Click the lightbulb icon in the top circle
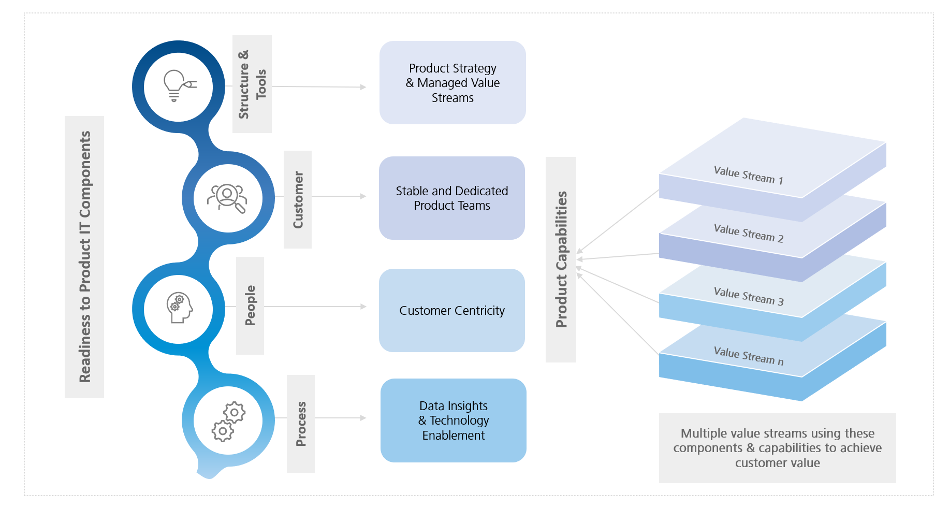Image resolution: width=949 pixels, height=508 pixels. (179, 86)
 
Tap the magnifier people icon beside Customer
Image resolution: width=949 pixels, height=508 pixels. (227, 198)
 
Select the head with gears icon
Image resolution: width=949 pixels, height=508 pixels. (179, 308)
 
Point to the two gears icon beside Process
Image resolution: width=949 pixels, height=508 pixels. (228, 421)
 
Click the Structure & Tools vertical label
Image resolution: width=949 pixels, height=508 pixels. (252, 84)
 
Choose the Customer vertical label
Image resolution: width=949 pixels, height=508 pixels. (298, 199)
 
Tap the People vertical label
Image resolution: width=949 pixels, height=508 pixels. (250, 306)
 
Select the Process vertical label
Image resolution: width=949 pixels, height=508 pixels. (301, 424)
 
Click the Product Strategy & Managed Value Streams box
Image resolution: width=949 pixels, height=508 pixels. (452, 83)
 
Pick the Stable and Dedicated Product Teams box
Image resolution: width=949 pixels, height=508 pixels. (452, 198)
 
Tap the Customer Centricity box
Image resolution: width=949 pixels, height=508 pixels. (452, 311)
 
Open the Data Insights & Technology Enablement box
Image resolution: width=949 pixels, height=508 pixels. (454, 420)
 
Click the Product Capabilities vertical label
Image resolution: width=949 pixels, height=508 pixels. (561, 259)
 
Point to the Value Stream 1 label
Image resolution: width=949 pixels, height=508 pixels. (748, 175)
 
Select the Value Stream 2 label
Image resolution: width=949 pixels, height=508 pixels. (748, 233)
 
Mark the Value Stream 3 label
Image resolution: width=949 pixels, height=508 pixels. (748, 296)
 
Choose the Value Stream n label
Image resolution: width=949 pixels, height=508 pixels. (748, 356)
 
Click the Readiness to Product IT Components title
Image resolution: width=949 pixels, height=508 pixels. (85, 257)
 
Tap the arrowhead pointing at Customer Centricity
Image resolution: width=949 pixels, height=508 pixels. (363, 307)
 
